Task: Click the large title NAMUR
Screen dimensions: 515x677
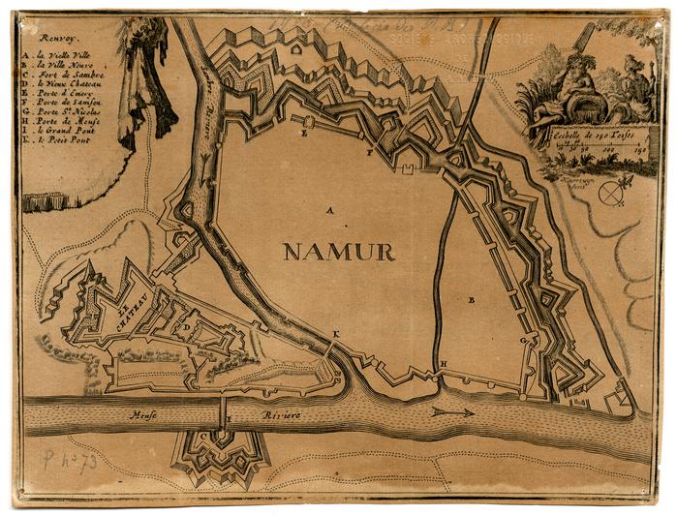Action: click(338, 253)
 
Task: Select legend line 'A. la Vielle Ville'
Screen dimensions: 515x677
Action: click(55, 56)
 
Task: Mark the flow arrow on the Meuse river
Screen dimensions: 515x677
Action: click(451, 412)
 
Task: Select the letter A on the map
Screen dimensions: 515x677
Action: click(329, 209)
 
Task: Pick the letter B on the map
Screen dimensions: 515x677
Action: click(472, 300)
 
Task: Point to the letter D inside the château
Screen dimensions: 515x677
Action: click(186, 327)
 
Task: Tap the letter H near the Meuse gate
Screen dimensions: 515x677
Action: click(443, 365)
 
